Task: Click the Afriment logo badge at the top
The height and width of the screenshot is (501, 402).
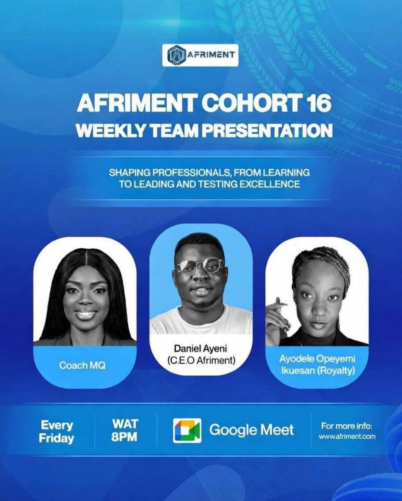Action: click(200, 55)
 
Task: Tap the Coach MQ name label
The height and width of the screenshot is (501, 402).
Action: click(82, 366)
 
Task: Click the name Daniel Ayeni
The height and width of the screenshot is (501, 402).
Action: click(201, 349)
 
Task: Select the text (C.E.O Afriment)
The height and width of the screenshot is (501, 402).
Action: click(201, 361)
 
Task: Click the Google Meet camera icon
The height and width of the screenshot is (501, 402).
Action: click(187, 430)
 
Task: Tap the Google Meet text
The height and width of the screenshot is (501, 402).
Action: click(251, 430)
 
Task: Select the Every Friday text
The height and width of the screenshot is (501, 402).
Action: click(56, 432)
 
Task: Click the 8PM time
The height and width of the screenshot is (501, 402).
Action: click(125, 437)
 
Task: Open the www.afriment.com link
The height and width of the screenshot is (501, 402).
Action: click(347, 437)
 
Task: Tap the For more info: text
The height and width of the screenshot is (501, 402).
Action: click(347, 426)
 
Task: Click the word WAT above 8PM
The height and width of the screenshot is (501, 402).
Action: click(125, 424)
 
